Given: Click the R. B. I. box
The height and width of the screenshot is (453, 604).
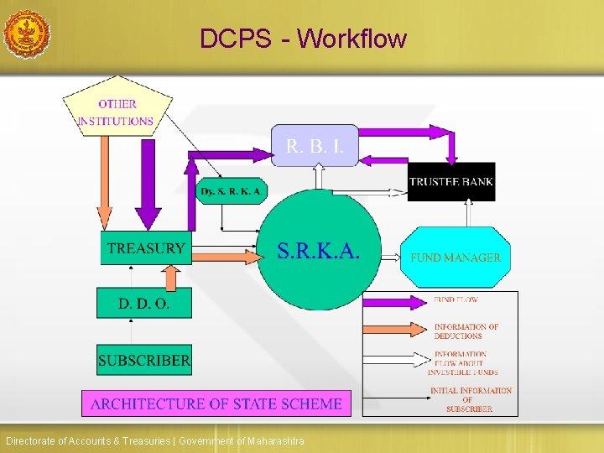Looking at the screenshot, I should (x=315, y=146).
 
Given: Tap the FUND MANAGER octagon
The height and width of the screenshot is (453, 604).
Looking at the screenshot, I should (x=456, y=258).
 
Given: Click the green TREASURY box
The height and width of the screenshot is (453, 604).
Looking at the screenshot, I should (x=146, y=248).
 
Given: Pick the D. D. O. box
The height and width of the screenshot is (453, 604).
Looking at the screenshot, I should (x=144, y=303).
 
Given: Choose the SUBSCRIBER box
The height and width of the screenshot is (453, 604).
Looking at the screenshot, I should (x=144, y=362).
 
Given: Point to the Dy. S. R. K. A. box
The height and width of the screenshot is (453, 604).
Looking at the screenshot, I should (x=232, y=191).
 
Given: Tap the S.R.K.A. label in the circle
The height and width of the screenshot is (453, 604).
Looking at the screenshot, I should (x=319, y=250).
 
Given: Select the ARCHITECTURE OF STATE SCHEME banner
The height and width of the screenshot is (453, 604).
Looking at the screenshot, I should (x=216, y=404).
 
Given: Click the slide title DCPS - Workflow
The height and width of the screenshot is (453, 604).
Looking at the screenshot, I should (x=303, y=39).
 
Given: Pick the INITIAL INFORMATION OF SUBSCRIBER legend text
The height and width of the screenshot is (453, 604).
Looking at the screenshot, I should (x=471, y=399).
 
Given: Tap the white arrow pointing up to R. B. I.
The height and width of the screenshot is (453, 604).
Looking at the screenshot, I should (x=318, y=176).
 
